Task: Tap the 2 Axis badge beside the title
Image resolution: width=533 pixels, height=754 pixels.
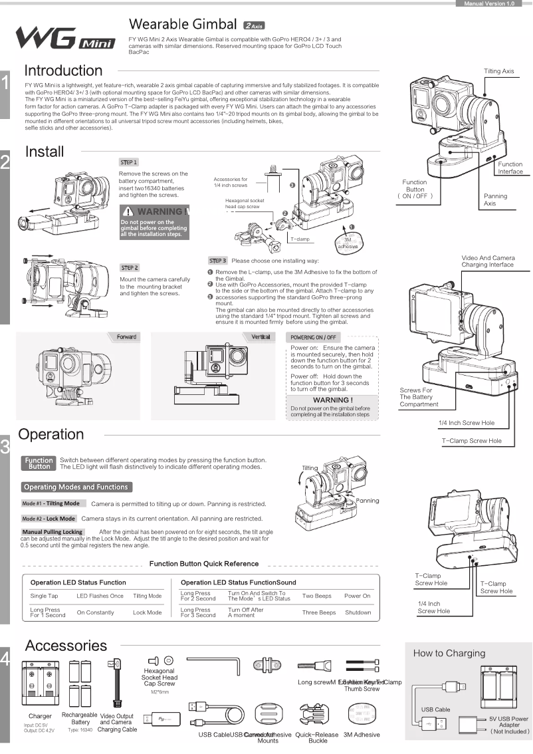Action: click(x=254, y=26)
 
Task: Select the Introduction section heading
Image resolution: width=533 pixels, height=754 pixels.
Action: click(x=63, y=70)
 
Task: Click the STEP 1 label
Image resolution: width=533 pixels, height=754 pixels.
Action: click(x=128, y=162)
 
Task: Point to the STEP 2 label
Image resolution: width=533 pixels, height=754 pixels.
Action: click(x=129, y=267)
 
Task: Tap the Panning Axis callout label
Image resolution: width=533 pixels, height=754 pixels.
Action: click(x=495, y=199)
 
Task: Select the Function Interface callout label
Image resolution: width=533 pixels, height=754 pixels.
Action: click(x=510, y=168)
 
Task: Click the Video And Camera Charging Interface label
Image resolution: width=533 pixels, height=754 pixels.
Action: click(x=487, y=261)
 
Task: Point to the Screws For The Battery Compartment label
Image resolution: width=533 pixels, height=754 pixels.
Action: click(x=419, y=397)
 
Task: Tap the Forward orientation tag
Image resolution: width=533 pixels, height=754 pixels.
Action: click(x=126, y=337)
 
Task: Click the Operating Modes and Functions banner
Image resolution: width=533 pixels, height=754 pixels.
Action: click(x=76, y=487)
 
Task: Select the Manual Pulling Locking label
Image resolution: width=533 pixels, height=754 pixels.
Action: click(x=53, y=532)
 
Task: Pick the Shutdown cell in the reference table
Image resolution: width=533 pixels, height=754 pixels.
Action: click(x=358, y=612)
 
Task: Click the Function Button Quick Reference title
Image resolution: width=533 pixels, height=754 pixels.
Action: click(x=204, y=564)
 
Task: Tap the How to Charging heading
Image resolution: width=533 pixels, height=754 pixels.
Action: click(x=449, y=653)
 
